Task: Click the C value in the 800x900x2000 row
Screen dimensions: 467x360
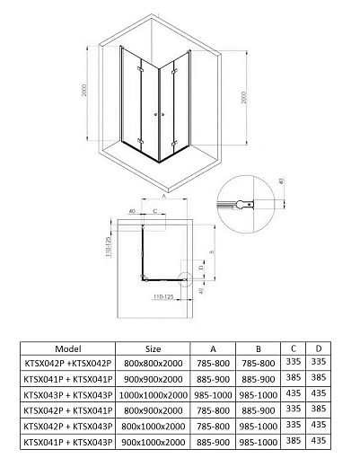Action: (293, 410)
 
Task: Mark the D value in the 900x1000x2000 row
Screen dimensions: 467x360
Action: (318, 441)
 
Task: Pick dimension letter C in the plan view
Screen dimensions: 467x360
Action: (154, 212)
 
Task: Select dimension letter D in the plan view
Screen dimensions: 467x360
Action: (206, 266)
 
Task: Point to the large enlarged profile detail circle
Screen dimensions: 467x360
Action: (241, 204)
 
